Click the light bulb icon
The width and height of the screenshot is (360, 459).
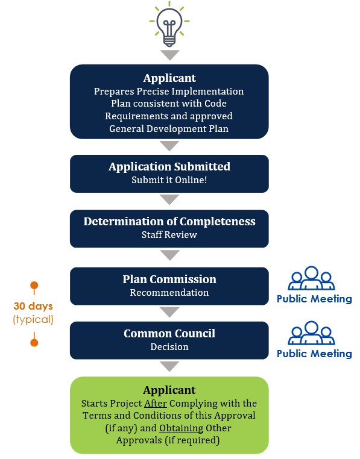pyautogui.click(x=169, y=24)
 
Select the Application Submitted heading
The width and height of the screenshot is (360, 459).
pyautogui.click(x=169, y=167)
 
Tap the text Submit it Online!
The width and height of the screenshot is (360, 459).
pyautogui.click(x=169, y=180)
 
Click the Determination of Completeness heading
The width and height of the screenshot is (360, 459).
pyautogui.click(x=169, y=222)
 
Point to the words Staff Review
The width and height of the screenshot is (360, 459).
pyautogui.click(x=169, y=235)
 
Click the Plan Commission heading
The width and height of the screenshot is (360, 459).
pyautogui.click(x=169, y=279)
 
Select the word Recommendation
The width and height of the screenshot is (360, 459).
pyautogui.click(x=169, y=292)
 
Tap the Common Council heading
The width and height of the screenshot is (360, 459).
pyautogui.click(x=169, y=334)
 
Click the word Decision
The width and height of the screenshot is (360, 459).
pyautogui.click(x=169, y=347)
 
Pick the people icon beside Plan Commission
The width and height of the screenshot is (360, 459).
pyautogui.click(x=311, y=278)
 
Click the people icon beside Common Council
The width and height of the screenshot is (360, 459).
pyautogui.click(x=311, y=333)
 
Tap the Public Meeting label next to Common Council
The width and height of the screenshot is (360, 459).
pyautogui.click(x=314, y=354)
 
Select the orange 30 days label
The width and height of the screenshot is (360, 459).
pyautogui.click(x=33, y=306)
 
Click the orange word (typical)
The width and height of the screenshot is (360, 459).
pyautogui.click(x=33, y=319)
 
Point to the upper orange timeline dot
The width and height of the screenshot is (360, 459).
pyautogui.click(x=34, y=285)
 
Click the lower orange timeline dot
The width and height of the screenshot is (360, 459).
pyautogui.click(x=34, y=342)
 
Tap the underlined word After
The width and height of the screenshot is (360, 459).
pyautogui.click(x=156, y=404)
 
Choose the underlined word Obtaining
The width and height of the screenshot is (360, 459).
pyautogui.click(x=181, y=428)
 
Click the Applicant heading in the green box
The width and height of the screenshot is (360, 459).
pyautogui.click(x=169, y=390)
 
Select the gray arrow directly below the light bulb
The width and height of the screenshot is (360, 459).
pyautogui.click(x=169, y=55)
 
